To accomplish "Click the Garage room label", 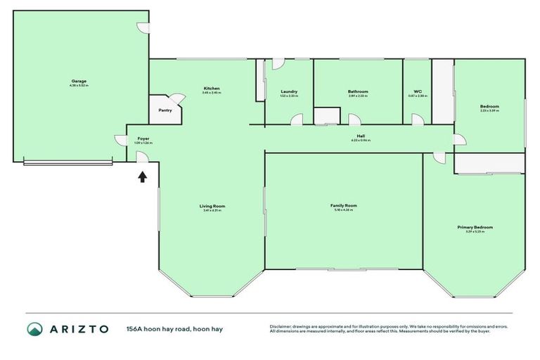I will click(x=78, y=81).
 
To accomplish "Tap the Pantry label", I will click(x=165, y=110).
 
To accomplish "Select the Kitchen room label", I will click(x=212, y=88).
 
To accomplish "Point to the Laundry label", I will click(x=289, y=91).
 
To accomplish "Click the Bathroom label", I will click(x=357, y=91).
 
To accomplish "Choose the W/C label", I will click(x=418, y=91).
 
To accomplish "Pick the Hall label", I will click(x=361, y=136).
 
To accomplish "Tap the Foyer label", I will click(x=143, y=139).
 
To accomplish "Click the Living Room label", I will click(x=213, y=206).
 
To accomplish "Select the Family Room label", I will click(x=344, y=205).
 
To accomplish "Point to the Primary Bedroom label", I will click(x=475, y=227).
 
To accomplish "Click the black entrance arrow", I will click(x=142, y=176).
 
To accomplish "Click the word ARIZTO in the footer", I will click(x=79, y=328).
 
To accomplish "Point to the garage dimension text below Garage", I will click(x=78, y=85).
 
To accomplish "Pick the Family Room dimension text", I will click(x=344, y=210).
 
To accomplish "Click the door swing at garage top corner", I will click(x=143, y=27).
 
